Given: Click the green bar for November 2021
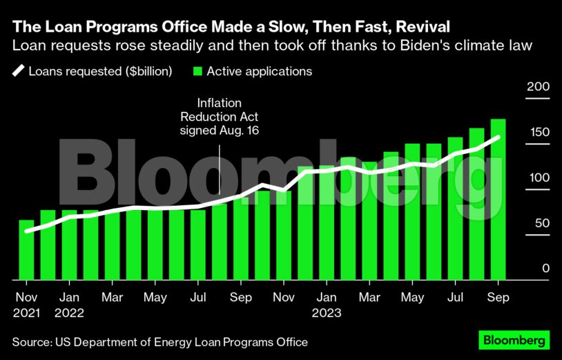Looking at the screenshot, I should [x=26, y=250].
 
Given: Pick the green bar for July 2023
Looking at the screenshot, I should [x=455, y=208].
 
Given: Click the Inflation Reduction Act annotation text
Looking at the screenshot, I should [x=218, y=116].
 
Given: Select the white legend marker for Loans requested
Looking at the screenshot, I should [x=18, y=71].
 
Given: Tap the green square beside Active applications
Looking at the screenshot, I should [x=198, y=71].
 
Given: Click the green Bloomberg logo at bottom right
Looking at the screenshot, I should [x=514, y=341].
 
